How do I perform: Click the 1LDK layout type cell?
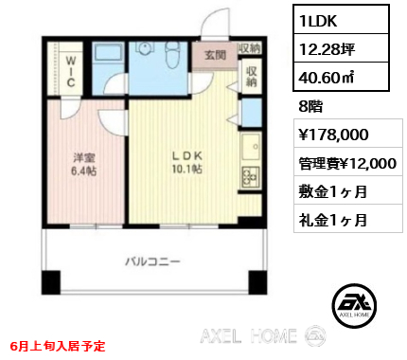coord(341,20)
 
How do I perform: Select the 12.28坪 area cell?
coord(341,48)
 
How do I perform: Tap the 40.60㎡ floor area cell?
coord(341,77)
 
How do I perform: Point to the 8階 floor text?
coord(310,106)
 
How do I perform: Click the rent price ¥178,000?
coord(333,135)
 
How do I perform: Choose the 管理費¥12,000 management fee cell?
coord(347,163)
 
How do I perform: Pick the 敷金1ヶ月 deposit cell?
coord(333,191)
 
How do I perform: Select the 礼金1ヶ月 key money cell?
coord(333,220)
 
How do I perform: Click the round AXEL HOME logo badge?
coord(354,305)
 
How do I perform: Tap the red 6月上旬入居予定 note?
coord(58,346)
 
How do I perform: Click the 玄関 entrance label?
coord(215,55)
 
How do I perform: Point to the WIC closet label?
coord(71,71)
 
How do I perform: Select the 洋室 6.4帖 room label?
coord(83,164)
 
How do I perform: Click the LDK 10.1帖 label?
coord(186,162)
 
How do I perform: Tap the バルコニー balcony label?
coord(152,261)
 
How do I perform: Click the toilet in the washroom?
coord(172,55)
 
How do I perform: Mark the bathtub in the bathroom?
coord(108,52)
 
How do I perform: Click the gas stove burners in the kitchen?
coord(251,177)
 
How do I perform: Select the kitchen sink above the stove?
coord(251,147)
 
